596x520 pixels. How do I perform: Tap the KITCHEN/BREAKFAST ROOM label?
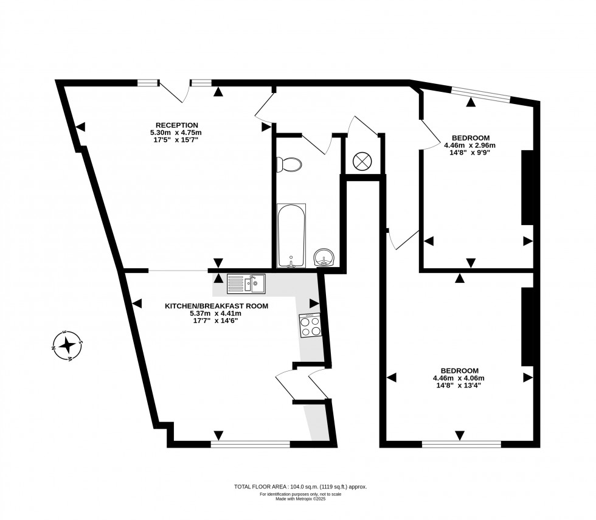[217, 307]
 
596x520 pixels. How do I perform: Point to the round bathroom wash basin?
[324, 258]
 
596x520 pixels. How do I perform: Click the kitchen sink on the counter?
[246, 283]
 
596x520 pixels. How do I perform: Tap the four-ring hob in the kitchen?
[310, 326]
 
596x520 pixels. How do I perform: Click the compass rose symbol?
[68, 346]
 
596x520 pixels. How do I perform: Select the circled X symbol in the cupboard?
[362, 161]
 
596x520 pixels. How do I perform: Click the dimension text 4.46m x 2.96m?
[470, 145]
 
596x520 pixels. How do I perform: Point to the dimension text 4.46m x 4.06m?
[459, 378]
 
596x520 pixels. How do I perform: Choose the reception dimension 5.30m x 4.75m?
[176, 133]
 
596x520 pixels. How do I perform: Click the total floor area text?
[300, 487]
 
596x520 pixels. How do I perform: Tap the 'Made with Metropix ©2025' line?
[300, 499]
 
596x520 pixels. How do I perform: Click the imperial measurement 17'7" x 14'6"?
[217, 321]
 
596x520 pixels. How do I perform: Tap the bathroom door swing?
[317, 144]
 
